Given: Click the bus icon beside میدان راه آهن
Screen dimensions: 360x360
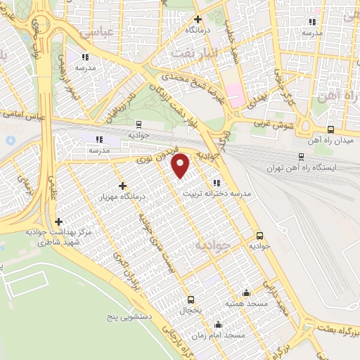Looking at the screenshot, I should (x=330, y=129).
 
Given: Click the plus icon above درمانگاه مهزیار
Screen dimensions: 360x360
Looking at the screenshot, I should (x=123, y=186).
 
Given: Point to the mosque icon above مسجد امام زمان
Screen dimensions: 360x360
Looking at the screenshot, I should (x=218, y=324).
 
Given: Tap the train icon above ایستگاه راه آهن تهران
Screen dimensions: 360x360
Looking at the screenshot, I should (x=301, y=157).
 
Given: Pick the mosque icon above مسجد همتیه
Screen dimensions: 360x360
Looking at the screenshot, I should (x=245, y=292).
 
